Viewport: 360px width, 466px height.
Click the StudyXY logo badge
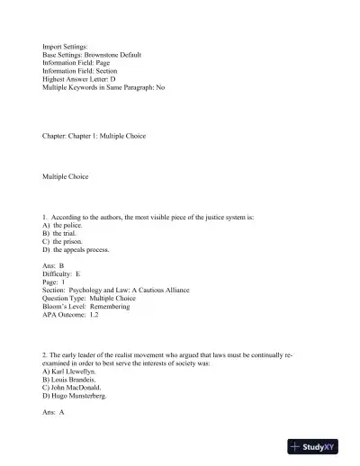click(x=320, y=446)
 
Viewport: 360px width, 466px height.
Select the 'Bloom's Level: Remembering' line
click(x=86, y=306)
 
